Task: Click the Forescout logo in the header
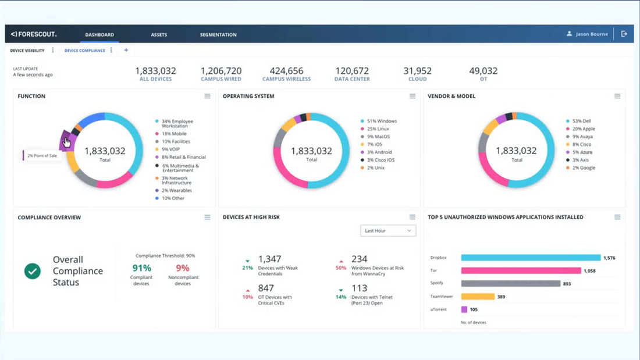coord(33,34)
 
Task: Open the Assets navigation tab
coord(159,35)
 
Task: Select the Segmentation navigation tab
coord(218,35)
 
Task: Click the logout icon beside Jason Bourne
coord(624,34)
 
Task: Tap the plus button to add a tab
coord(126,51)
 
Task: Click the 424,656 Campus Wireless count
coord(286,71)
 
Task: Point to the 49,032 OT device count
coord(483,71)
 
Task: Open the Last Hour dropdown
coord(388,231)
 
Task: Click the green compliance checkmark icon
coord(33,271)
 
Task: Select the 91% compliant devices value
coord(141,268)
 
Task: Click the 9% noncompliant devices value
coord(183,268)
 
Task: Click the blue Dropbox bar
coord(531,257)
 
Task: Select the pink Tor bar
coord(521,270)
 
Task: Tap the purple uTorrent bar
coord(464,309)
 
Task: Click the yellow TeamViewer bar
coord(478,297)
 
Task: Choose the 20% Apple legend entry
coord(584,129)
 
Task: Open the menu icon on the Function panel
coord(207,97)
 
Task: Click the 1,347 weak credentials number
coord(269,259)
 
